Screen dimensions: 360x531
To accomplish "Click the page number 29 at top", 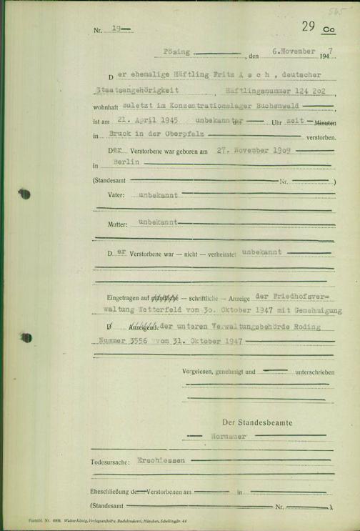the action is pos(309,27).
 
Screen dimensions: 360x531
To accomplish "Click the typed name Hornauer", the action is pos(229,435).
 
